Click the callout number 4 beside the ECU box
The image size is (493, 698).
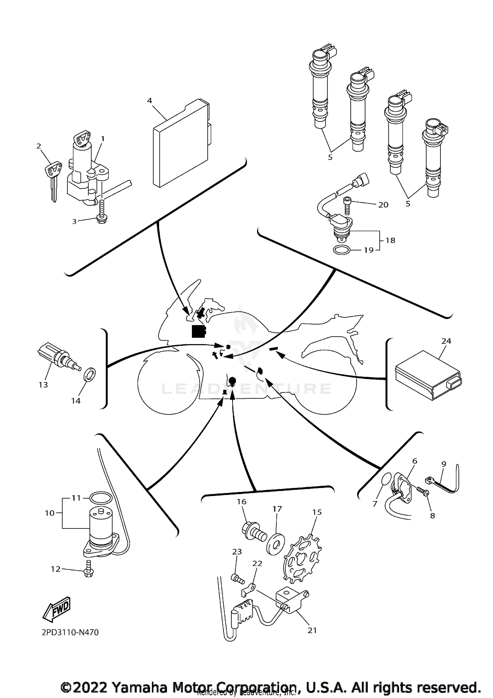coord(150,101)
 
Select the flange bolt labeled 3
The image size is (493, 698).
coord(100,217)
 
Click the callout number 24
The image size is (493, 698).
coord(446,341)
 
